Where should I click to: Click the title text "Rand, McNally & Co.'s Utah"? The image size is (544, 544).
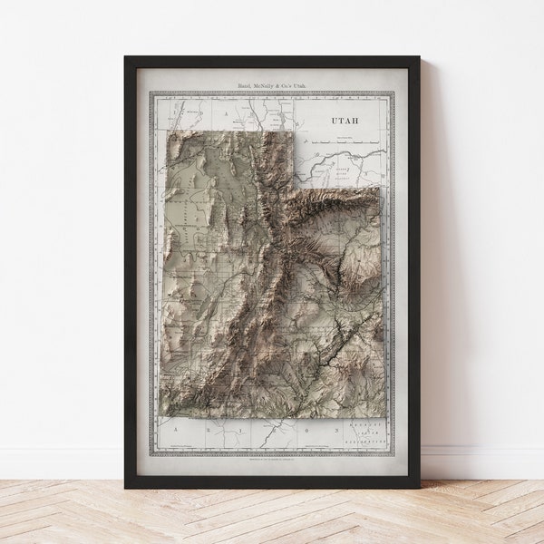(271, 84)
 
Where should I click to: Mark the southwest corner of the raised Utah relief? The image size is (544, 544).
(160, 417)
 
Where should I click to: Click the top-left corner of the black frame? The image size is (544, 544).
(125, 57)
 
